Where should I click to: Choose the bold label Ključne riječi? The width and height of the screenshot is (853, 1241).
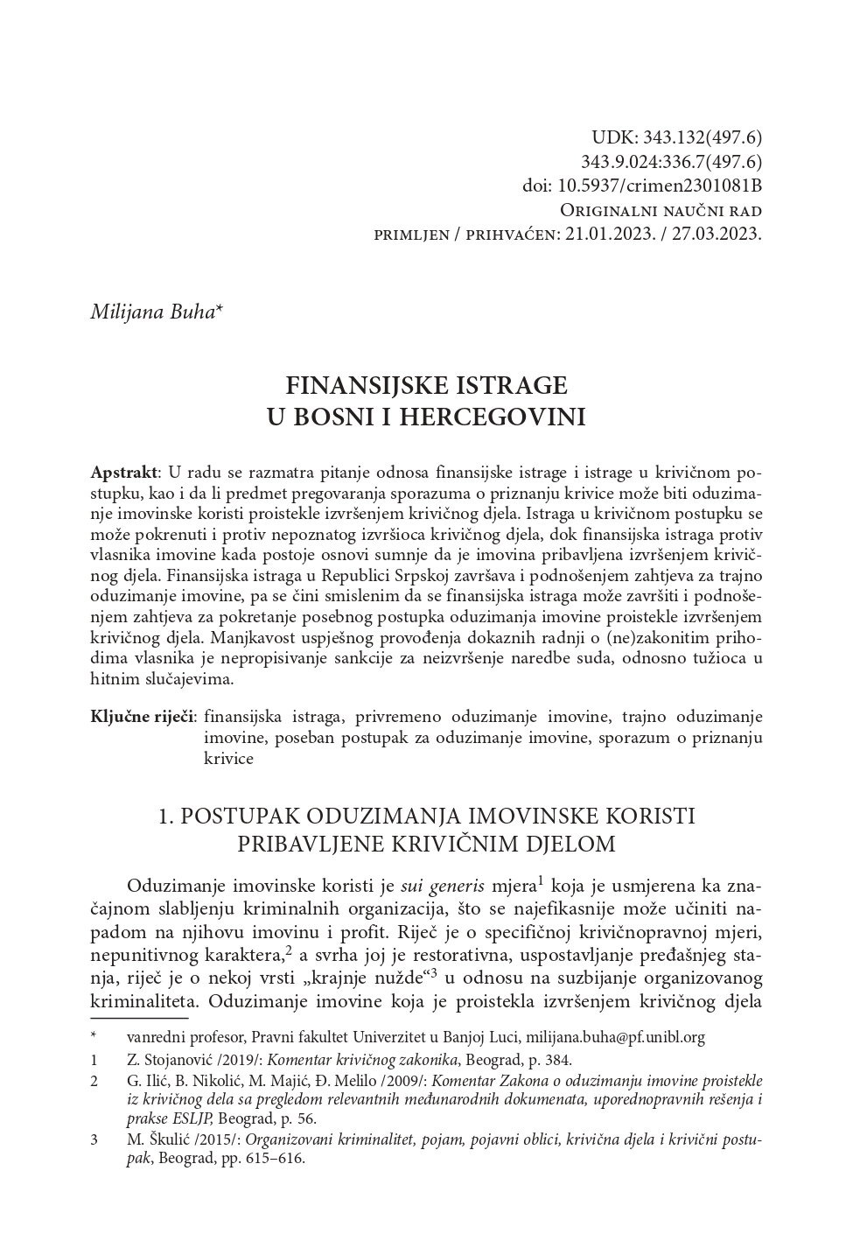click(142, 717)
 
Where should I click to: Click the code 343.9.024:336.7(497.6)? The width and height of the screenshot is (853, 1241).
click(671, 162)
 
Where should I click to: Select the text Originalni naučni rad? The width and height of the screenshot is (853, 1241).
click(661, 210)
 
